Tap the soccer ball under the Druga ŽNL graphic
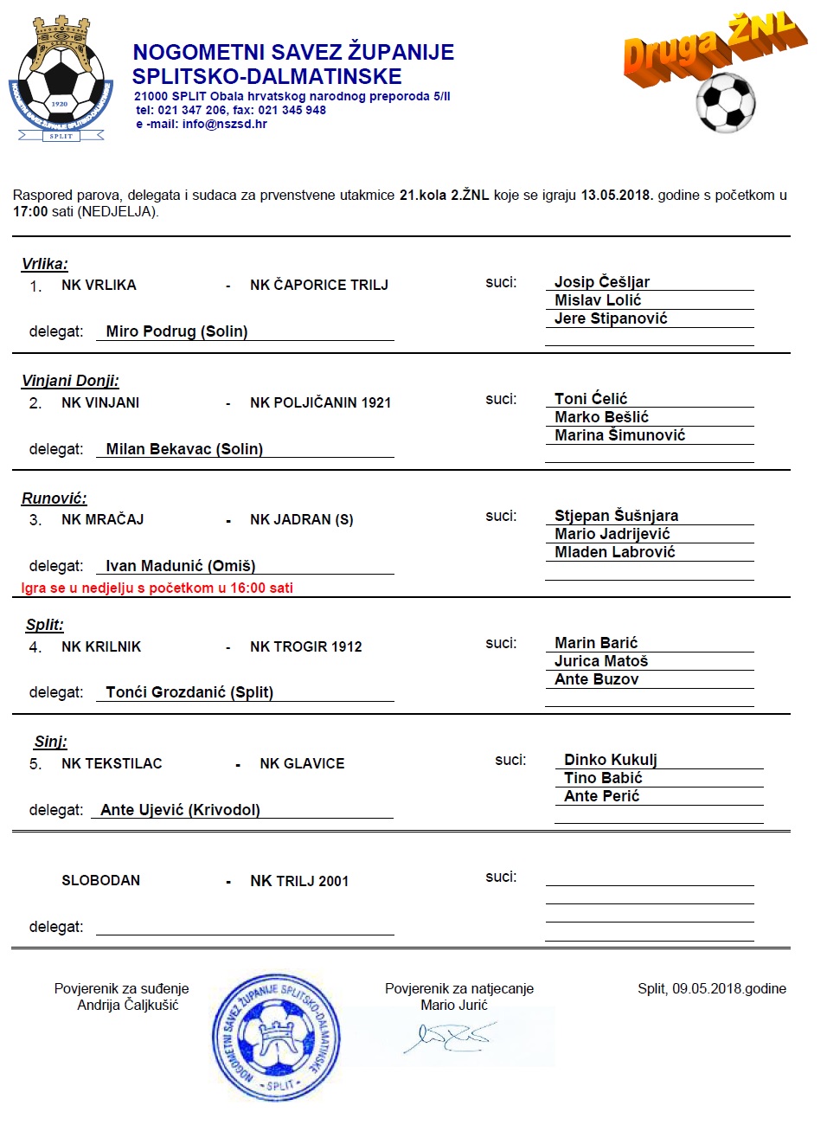(x=725, y=102)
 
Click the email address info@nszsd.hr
(x=224, y=124)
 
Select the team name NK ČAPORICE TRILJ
(x=318, y=285)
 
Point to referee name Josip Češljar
(x=601, y=281)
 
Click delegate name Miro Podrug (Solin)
(x=176, y=331)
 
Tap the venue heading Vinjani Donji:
(x=70, y=381)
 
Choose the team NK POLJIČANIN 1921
(x=320, y=402)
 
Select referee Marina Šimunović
(x=619, y=435)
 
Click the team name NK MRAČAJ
(x=102, y=519)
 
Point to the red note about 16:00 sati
(x=157, y=588)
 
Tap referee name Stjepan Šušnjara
(x=616, y=516)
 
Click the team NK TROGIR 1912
(x=305, y=646)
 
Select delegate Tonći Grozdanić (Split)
(x=189, y=692)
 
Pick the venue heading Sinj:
(x=50, y=742)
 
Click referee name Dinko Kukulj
(x=610, y=760)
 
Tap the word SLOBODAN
(x=100, y=880)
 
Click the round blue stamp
(x=276, y=1037)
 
